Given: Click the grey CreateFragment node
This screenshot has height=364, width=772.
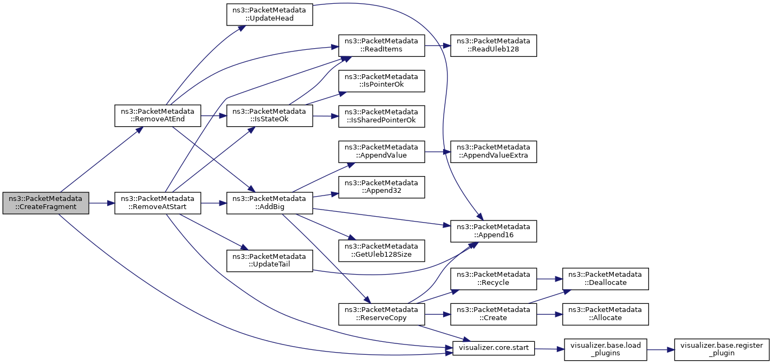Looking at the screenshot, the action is pos(46,203).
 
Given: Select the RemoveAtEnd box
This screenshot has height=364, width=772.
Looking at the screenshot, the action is pos(158,115).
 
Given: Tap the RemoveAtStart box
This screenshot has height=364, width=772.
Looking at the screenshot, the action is pos(158,203).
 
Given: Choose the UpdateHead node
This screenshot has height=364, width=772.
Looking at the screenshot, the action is pos(269,15).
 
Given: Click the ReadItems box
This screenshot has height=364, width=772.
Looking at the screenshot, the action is pos(381,45).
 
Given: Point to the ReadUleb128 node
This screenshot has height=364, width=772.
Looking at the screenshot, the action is pos(494,45).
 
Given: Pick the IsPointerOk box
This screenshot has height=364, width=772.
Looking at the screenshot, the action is pos(381,81).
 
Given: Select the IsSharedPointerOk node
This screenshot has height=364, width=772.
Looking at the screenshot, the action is pos(381,116).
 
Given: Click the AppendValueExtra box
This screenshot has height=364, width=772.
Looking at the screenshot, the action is pos(494,152).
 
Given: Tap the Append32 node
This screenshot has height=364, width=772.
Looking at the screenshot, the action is pos(381,187).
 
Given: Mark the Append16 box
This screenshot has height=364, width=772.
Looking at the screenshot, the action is pos(494,231).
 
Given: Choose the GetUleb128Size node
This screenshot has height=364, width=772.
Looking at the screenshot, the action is pos(381,251).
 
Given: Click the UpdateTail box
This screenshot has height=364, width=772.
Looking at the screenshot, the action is pos(269,261).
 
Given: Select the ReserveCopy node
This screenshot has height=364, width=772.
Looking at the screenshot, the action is pos(381,314).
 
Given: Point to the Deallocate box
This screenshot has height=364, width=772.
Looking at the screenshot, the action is pos(606,279).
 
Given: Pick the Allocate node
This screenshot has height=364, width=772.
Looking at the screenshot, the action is pos(606,314).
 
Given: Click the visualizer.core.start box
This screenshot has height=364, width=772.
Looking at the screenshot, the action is pos(494,348).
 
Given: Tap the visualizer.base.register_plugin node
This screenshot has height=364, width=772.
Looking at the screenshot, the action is pos(722,349).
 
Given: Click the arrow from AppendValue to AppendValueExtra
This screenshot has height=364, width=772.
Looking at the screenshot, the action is pos(438,152).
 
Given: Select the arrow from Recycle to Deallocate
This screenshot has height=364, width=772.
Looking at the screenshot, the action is pos(550,279).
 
